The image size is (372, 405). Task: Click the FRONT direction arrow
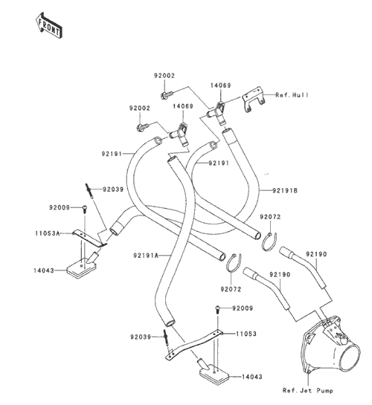[x=48, y=26]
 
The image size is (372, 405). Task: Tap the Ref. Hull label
[x=292, y=95]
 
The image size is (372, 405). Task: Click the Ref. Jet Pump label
[x=307, y=390]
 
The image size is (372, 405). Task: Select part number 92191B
[x=285, y=191]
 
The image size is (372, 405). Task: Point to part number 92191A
[x=146, y=256]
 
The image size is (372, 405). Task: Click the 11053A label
[x=48, y=233]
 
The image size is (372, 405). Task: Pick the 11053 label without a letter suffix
[x=246, y=334]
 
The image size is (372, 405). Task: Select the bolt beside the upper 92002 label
[x=166, y=94]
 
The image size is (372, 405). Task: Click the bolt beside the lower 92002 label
[x=142, y=127]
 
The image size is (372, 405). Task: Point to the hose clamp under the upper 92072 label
[x=269, y=242]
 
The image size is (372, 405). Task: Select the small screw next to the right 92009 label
[x=217, y=309]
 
